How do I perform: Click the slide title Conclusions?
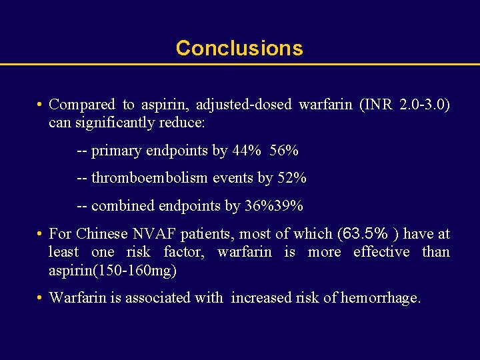click(x=239, y=48)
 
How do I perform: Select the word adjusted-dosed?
click(x=254, y=105)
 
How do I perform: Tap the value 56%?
click(x=284, y=151)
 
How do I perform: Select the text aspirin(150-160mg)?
click(x=113, y=271)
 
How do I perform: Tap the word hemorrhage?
click(x=381, y=298)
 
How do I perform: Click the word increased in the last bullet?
click(x=259, y=298)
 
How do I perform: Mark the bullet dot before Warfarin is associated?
click(x=41, y=298)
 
